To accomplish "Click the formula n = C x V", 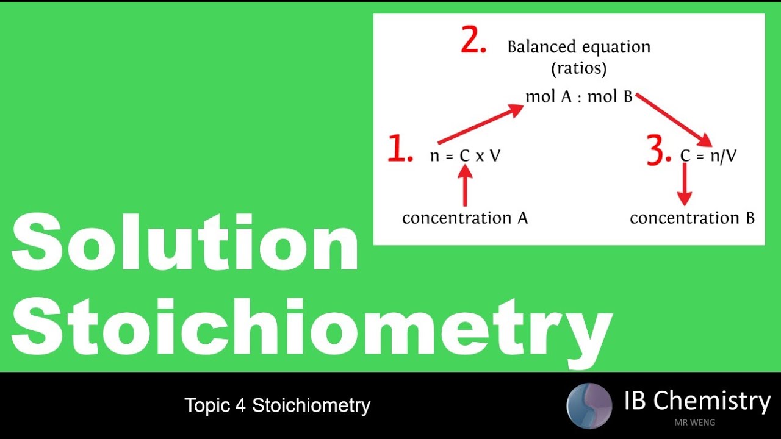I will point(465,156).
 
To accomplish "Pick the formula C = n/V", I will point(708,156).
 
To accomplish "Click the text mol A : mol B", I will point(578,96).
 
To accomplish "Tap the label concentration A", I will point(465,218).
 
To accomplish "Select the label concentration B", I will point(692,218).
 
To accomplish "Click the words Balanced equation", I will point(578,47).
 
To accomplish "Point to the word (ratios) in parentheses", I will point(578,68).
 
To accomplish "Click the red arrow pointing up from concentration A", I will point(465,186).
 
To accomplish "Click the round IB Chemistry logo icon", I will point(589,405).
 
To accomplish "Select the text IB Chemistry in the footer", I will point(697,401).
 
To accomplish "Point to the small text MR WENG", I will point(694,422).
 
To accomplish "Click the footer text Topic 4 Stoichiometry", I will point(278,405).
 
